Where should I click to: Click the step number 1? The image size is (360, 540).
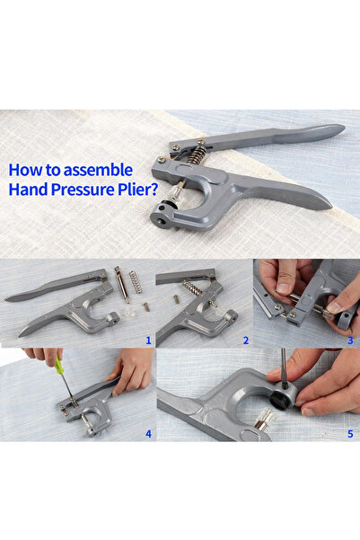[x=148, y=341]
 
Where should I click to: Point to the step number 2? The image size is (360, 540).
[x=246, y=341]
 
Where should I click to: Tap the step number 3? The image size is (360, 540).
[x=350, y=341]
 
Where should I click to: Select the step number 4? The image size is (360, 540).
[x=148, y=434]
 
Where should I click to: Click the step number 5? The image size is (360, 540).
[x=350, y=434]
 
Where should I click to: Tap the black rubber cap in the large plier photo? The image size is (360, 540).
[x=169, y=204]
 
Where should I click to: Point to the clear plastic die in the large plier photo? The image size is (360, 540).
[x=176, y=190]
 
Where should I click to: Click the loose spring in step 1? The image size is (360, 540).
[x=136, y=282]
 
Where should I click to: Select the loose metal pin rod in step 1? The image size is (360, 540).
[x=122, y=285]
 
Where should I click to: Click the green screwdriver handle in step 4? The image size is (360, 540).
[x=59, y=366]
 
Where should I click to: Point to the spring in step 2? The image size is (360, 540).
[x=191, y=288]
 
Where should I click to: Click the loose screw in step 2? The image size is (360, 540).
[x=176, y=298]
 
